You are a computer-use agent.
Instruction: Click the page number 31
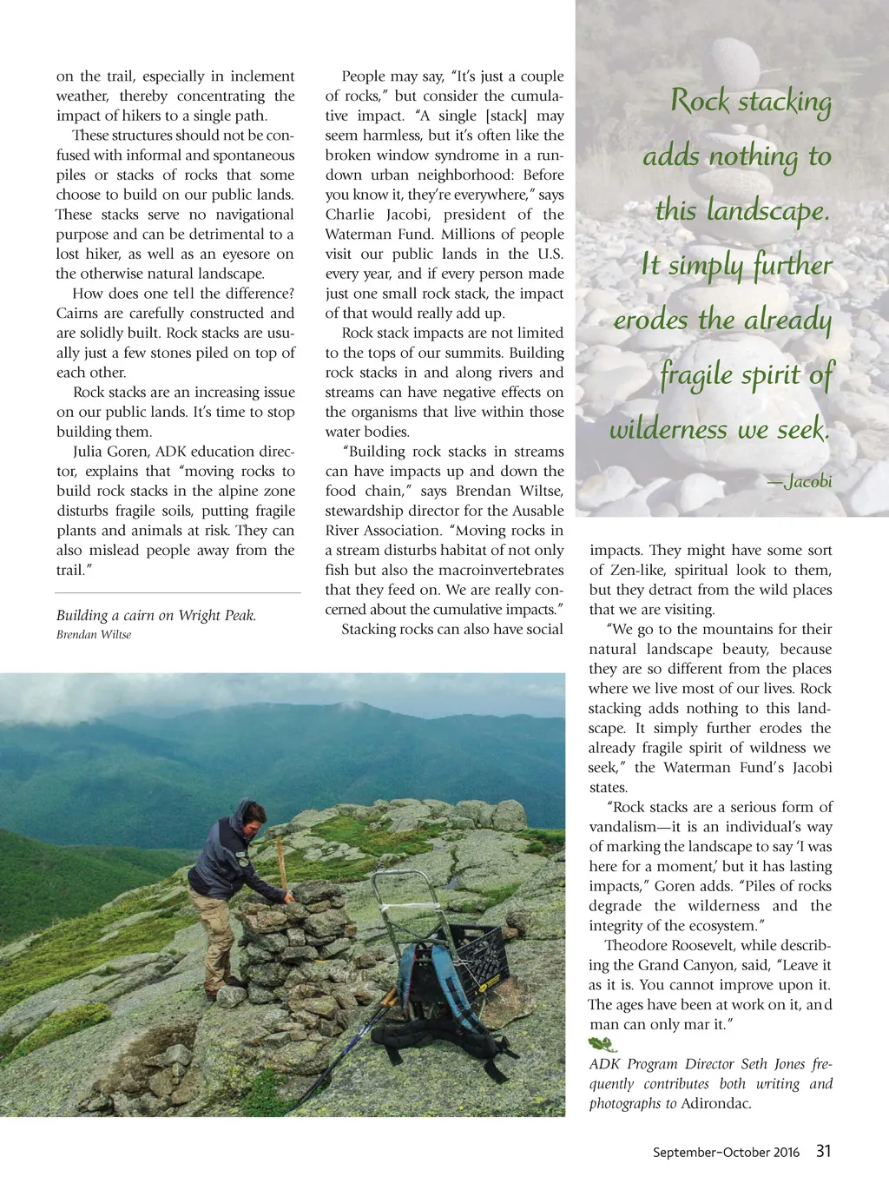823,1151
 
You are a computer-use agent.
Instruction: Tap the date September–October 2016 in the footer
726,1153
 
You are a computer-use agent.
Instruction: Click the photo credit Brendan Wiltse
94,635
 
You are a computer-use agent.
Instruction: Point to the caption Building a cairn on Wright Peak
156,615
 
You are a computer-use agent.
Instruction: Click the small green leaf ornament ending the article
601,1044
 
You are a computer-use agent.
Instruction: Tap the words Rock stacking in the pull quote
751,102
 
